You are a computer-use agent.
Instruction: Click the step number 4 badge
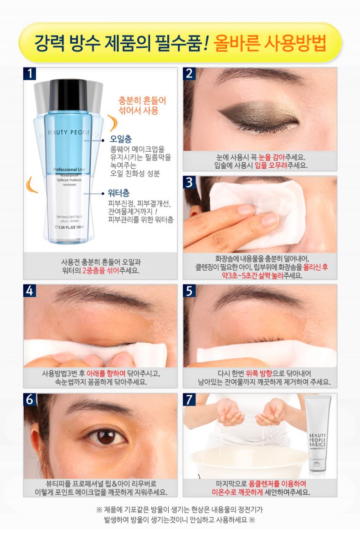click(30, 291)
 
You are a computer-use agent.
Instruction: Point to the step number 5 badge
click(190, 291)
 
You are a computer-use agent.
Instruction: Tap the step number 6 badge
click(30, 400)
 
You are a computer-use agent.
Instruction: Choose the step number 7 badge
click(190, 400)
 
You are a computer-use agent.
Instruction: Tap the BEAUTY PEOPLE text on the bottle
click(68, 132)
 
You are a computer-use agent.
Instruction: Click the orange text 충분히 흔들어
click(139, 101)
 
